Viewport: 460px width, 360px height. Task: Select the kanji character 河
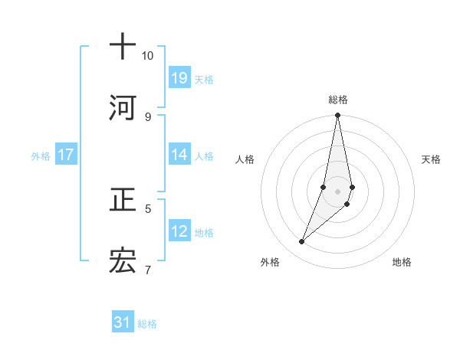click(123, 110)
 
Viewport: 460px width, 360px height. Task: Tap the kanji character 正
click(123, 200)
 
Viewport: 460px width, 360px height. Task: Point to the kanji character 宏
click(123, 263)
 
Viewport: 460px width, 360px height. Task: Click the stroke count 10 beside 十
click(147, 56)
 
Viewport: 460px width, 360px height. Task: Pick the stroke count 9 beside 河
click(147, 116)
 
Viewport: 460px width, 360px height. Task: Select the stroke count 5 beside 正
click(148, 208)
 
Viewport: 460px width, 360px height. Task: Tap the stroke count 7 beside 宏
click(148, 270)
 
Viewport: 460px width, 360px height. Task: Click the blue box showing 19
click(179, 77)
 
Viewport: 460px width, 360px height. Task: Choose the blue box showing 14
click(179, 155)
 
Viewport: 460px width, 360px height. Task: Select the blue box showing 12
click(179, 231)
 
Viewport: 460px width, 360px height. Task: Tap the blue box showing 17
click(66, 155)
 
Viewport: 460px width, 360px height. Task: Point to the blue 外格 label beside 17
click(41, 156)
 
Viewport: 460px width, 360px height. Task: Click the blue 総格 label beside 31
click(147, 324)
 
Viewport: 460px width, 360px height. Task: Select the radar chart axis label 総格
click(338, 100)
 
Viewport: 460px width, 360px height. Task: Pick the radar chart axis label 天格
click(431, 159)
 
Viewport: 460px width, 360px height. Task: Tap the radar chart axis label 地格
click(402, 262)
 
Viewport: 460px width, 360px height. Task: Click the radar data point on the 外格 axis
click(301, 242)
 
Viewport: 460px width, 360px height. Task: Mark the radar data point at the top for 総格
click(337, 116)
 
